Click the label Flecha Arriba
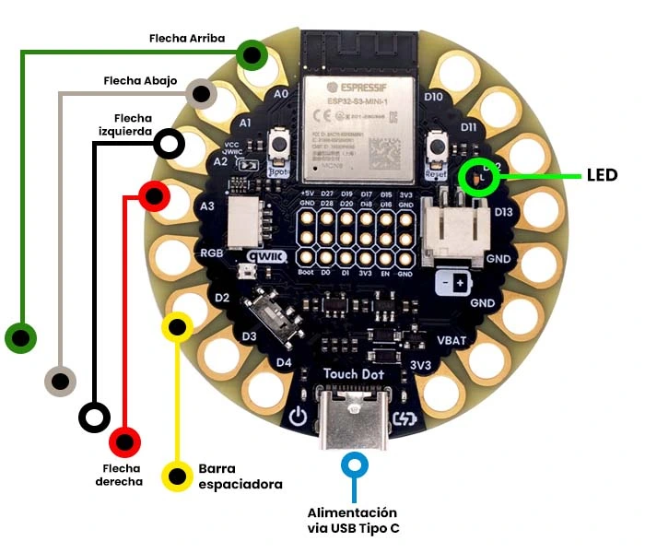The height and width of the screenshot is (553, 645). [187, 39]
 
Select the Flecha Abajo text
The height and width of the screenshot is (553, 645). [141, 81]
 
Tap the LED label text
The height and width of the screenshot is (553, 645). [601, 175]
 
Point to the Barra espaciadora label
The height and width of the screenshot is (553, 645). [240, 476]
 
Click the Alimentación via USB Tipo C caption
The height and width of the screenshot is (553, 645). [353, 520]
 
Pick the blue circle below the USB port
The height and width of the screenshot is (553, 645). [353, 465]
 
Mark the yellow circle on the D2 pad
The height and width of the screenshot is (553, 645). [177, 326]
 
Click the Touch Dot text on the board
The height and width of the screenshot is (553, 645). [353, 375]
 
